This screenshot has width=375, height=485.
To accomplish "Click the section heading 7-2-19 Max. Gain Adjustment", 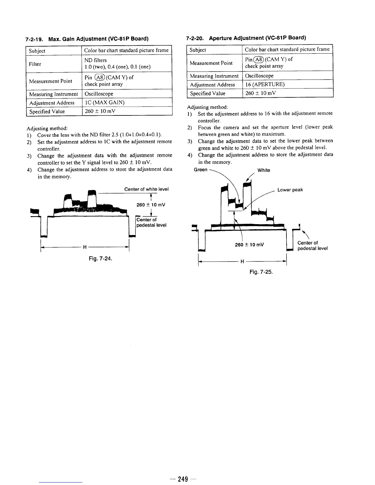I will (87, 39).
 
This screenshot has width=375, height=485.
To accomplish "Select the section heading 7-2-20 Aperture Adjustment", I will (246, 38).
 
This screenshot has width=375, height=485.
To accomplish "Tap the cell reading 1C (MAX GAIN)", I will (104, 103).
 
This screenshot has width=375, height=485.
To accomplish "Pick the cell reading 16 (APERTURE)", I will (265, 85).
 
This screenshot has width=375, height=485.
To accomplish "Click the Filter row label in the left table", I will (35, 64).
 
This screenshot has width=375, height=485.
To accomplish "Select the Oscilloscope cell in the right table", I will (259, 76).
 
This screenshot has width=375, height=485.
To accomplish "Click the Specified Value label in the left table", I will (47, 111).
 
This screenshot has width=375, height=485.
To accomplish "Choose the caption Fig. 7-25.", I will (261, 272).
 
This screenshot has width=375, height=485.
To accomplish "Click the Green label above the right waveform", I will (201, 170).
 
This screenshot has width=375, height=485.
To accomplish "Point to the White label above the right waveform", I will (264, 170).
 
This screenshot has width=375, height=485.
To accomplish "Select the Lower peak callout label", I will (290, 190).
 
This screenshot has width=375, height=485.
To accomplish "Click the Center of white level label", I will (146, 189).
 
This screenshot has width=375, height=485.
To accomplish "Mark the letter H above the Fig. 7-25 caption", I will (242, 261).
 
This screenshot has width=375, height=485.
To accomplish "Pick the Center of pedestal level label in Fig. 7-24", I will (151, 222).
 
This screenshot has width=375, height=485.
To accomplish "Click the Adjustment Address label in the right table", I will (212, 85).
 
